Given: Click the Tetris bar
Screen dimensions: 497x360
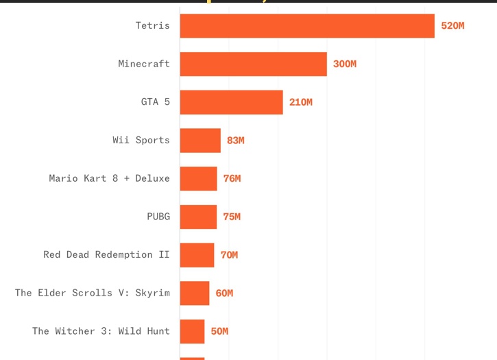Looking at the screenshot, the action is [307, 25].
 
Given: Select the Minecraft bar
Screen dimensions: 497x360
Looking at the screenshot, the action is [253, 64].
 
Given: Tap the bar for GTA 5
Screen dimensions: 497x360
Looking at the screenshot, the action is [232, 102].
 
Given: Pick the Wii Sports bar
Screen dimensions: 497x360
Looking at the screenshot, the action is [200, 141].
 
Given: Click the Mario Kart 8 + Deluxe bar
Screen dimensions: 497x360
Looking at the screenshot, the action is [198, 178].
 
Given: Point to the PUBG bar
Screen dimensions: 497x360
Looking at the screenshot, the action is [198, 217].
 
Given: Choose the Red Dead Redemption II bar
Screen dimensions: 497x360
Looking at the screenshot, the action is [197, 255].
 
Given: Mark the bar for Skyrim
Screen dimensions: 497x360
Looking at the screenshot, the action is [195, 293].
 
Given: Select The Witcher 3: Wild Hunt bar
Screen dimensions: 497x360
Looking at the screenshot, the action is [192, 331].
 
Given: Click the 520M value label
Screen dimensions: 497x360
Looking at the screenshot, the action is [452, 25].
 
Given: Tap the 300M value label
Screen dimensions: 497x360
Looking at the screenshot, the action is [345, 64].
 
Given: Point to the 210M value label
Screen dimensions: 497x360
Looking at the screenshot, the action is [301, 102].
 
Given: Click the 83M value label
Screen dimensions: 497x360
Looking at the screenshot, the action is [236, 141].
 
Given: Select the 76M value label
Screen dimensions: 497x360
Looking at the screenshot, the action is [232, 178].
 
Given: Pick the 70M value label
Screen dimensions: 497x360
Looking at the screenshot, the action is [229, 255].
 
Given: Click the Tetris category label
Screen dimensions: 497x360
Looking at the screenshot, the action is [153, 25].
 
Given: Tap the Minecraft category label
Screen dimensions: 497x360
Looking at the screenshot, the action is [144, 64].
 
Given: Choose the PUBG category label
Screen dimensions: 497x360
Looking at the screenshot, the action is [158, 216].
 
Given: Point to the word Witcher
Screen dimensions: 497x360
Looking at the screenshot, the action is [75, 331].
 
